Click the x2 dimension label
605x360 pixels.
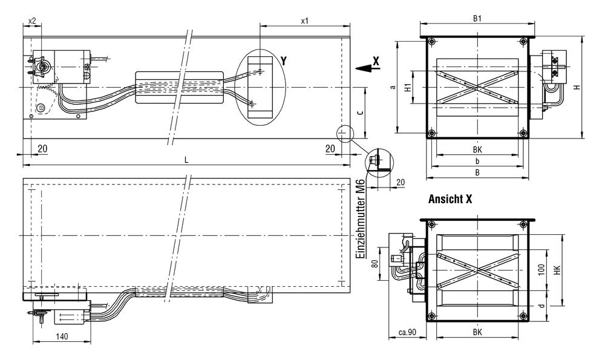[x=32, y=21]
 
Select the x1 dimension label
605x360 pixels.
[x=305, y=21]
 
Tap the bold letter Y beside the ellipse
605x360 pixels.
[x=284, y=61]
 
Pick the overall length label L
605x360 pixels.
[x=186, y=159]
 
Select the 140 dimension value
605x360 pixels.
[x=60, y=336]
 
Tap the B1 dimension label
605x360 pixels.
[x=477, y=19]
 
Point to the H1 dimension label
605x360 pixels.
[x=408, y=87]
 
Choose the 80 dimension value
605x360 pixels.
[x=374, y=264]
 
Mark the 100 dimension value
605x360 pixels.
[x=541, y=269]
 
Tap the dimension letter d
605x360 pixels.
[x=541, y=306]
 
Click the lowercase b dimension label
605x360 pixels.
[x=477, y=162]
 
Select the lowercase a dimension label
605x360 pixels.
[x=393, y=87]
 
